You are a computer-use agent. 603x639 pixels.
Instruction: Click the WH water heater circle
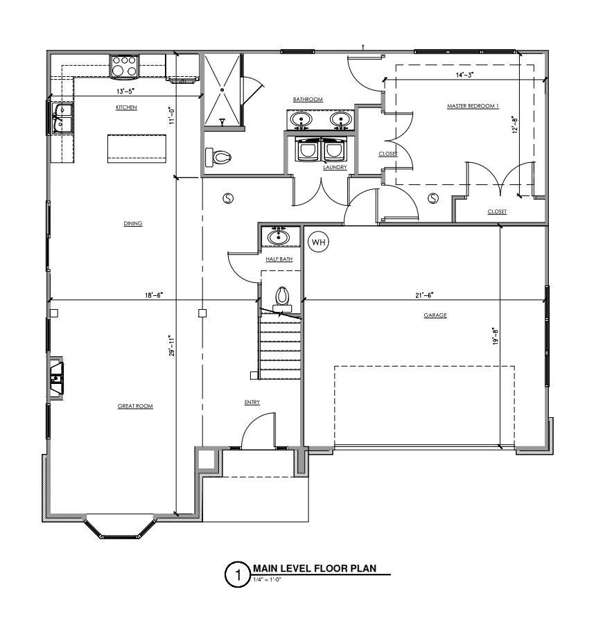(x=317, y=242)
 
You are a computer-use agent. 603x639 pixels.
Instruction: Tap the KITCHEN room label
(x=126, y=107)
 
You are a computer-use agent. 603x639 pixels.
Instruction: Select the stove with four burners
(x=124, y=66)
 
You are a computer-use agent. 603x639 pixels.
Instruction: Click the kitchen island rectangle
(x=137, y=149)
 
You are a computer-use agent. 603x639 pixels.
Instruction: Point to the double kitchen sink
(x=63, y=117)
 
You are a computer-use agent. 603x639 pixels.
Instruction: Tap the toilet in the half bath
(x=282, y=297)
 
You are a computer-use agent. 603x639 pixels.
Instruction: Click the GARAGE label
(x=435, y=315)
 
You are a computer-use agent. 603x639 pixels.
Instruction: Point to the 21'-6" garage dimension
(x=423, y=295)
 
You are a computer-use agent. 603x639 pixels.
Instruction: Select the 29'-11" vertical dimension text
(x=171, y=346)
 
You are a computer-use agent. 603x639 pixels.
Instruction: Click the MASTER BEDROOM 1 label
(x=473, y=106)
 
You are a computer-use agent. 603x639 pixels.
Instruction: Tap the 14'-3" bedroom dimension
(x=464, y=74)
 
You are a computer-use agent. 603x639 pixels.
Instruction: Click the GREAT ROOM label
(x=135, y=406)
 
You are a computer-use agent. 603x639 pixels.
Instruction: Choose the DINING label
(x=133, y=223)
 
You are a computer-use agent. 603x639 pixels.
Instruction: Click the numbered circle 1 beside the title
(x=237, y=575)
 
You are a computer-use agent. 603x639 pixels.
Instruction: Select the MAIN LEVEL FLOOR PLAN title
(x=314, y=568)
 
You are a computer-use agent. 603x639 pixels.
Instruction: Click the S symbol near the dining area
(x=227, y=198)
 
